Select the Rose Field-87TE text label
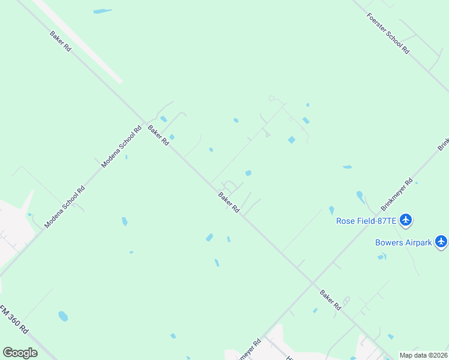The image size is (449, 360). (366, 221)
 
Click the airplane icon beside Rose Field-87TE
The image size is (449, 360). (406, 220)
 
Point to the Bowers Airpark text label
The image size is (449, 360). (403, 242)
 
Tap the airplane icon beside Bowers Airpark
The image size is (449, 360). (442, 241)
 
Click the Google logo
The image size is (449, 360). (20, 352)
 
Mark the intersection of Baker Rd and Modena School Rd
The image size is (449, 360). (145, 122)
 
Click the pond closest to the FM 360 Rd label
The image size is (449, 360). (63, 316)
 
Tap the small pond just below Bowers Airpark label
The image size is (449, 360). (381, 257)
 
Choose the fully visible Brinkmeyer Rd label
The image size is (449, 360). (396, 194)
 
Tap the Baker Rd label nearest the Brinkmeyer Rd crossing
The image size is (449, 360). (330, 299)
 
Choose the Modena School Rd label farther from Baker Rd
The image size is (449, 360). (65, 206)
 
